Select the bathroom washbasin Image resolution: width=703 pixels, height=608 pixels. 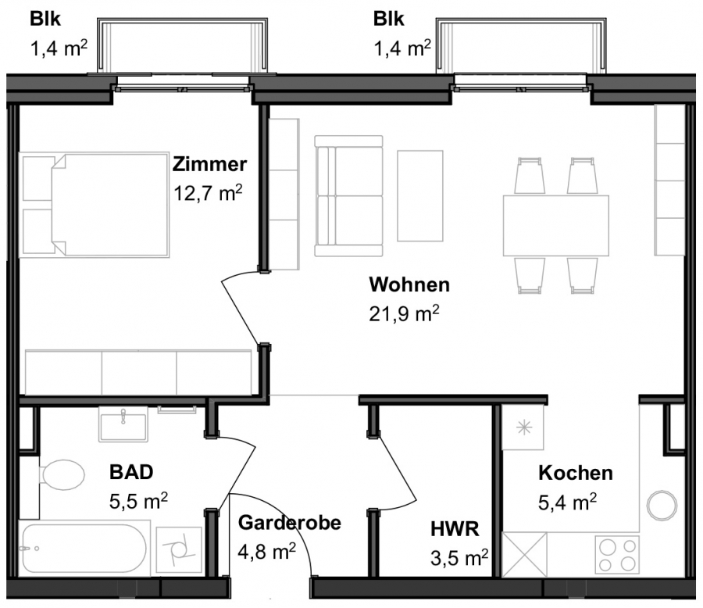[x=123, y=424]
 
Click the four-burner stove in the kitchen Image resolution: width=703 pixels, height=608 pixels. [x=617, y=555]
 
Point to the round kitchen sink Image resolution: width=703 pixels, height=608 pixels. [x=662, y=506]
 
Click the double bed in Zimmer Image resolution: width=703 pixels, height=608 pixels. [x=95, y=205]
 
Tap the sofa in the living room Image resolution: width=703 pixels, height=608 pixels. [x=349, y=195]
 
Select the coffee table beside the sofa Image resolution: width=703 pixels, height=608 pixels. [x=420, y=195]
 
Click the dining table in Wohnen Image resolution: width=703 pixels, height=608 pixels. [x=556, y=226]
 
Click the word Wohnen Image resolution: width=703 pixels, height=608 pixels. [x=409, y=285]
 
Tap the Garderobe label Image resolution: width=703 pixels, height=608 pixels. [x=290, y=523]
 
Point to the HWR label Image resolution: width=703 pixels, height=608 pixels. [x=455, y=529]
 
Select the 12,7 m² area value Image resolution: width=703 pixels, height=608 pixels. [x=208, y=193]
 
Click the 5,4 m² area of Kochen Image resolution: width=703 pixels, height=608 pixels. [x=567, y=502]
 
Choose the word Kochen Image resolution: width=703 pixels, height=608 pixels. [x=576, y=473]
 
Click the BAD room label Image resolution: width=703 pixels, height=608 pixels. [x=131, y=472]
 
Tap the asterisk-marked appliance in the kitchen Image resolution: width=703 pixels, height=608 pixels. [x=523, y=427]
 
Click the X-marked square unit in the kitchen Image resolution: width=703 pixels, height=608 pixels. [x=525, y=555]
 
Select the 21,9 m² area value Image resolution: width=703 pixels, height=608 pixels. [x=404, y=313]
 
